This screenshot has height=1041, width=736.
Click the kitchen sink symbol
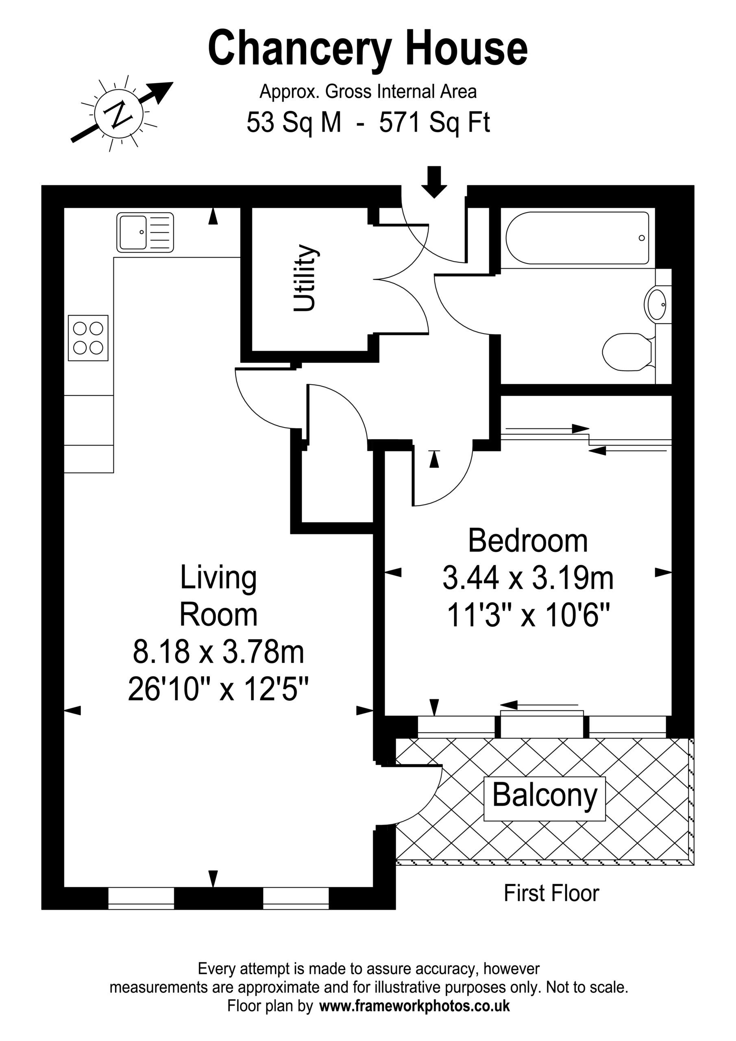click(145, 232)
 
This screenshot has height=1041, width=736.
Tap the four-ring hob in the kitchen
click(88, 338)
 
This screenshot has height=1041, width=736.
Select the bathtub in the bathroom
click(577, 238)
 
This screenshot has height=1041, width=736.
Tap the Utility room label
click(304, 278)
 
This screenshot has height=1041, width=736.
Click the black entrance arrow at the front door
click(434, 182)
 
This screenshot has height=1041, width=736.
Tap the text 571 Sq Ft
click(434, 122)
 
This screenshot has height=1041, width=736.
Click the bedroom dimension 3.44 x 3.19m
click(528, 579)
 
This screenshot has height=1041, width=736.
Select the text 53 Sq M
click(294, 122)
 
